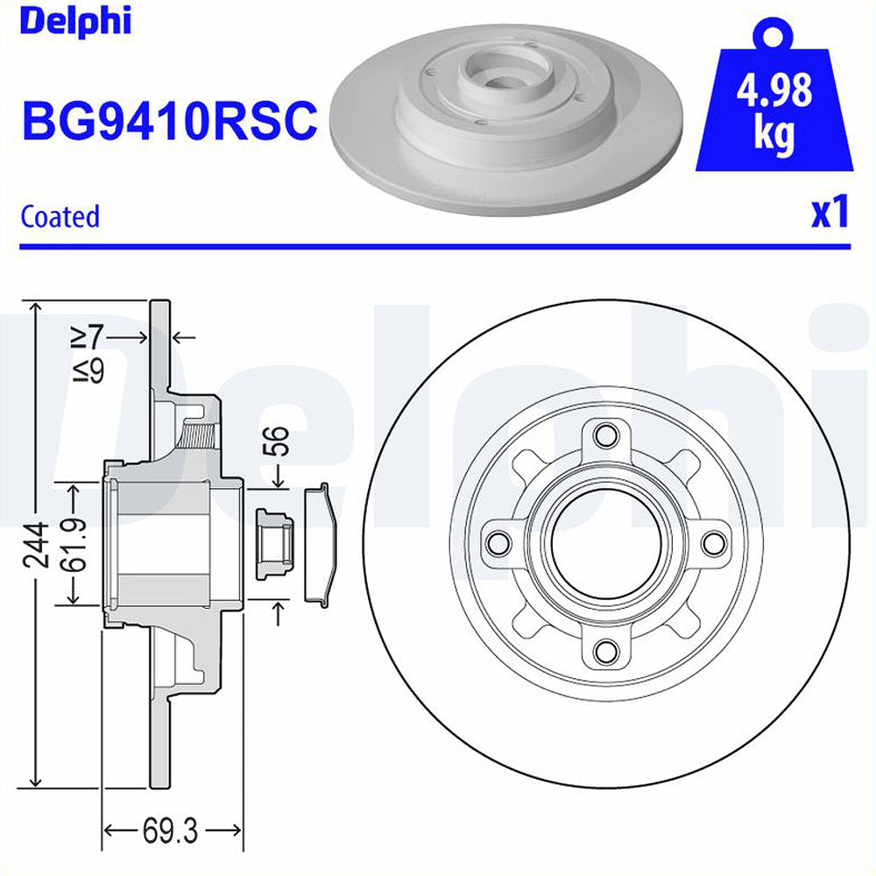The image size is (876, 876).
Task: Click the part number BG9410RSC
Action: tap(168, 121)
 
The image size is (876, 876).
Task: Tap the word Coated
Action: tap(60, 215)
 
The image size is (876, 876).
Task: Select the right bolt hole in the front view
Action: tap(713, 542)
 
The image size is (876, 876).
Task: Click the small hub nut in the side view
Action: tap(273, 543)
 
